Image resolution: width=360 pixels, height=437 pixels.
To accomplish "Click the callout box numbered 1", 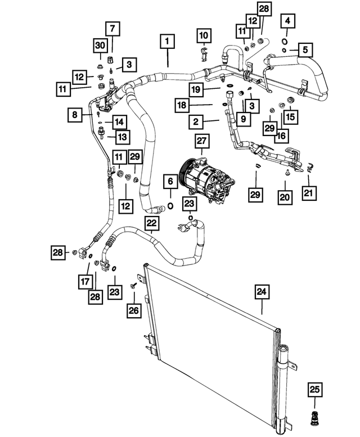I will (166, 42).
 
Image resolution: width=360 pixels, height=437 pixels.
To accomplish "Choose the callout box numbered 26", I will (133, 309).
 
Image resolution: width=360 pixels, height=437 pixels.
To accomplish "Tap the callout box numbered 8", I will (74, 115).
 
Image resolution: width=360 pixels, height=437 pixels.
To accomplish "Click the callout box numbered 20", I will (285, 197).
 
